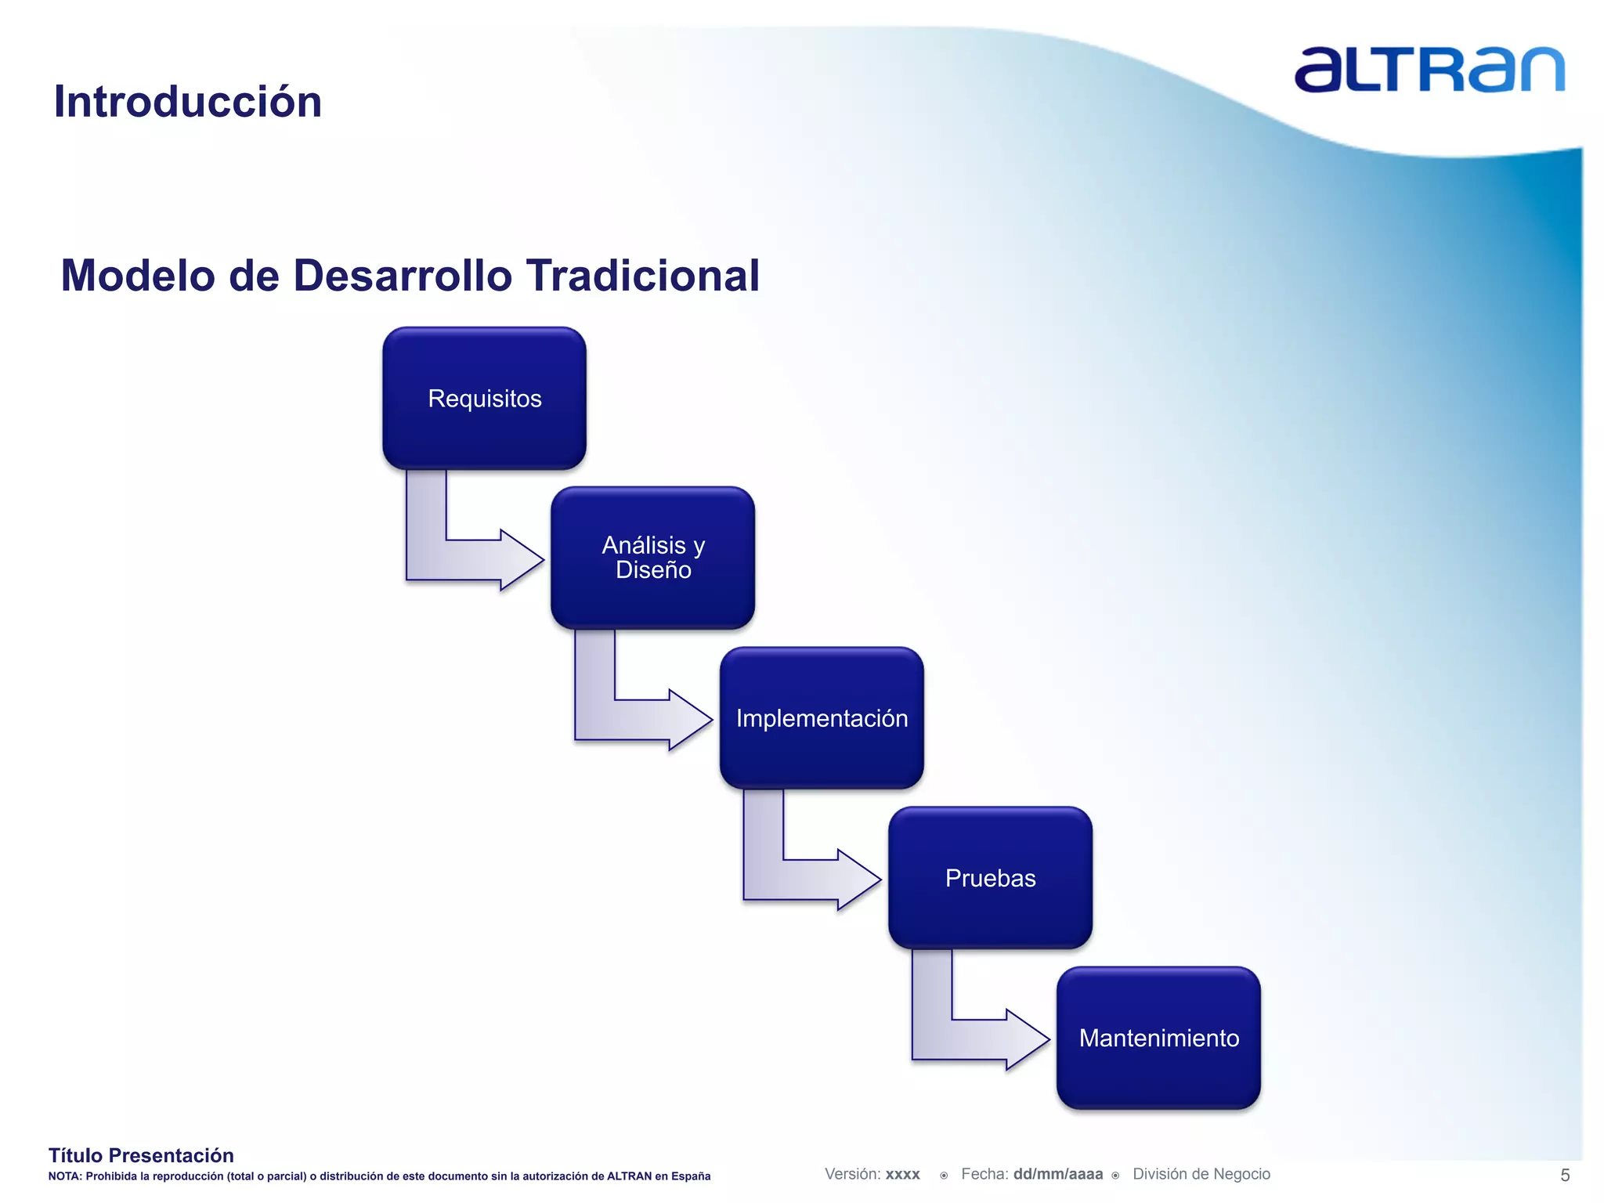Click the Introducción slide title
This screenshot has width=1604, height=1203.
click(188, 102)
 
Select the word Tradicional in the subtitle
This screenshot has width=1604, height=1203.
click(642, 276)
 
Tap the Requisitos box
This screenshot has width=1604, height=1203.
click(484, 399)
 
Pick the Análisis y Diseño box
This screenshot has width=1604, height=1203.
click(652, 558)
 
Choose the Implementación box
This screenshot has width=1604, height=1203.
click(822, 718)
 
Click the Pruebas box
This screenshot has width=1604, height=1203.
click(990, 878)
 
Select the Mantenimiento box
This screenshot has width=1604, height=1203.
click(1158, 1038)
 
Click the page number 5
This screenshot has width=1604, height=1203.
click(1565, 1175)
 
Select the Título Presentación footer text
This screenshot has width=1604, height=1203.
click(141, 1155)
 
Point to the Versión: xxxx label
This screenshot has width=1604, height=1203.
click(872, 1174)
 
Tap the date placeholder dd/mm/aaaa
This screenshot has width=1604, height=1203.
click(1057, 1174)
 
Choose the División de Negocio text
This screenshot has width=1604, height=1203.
click(1201, 1174)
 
